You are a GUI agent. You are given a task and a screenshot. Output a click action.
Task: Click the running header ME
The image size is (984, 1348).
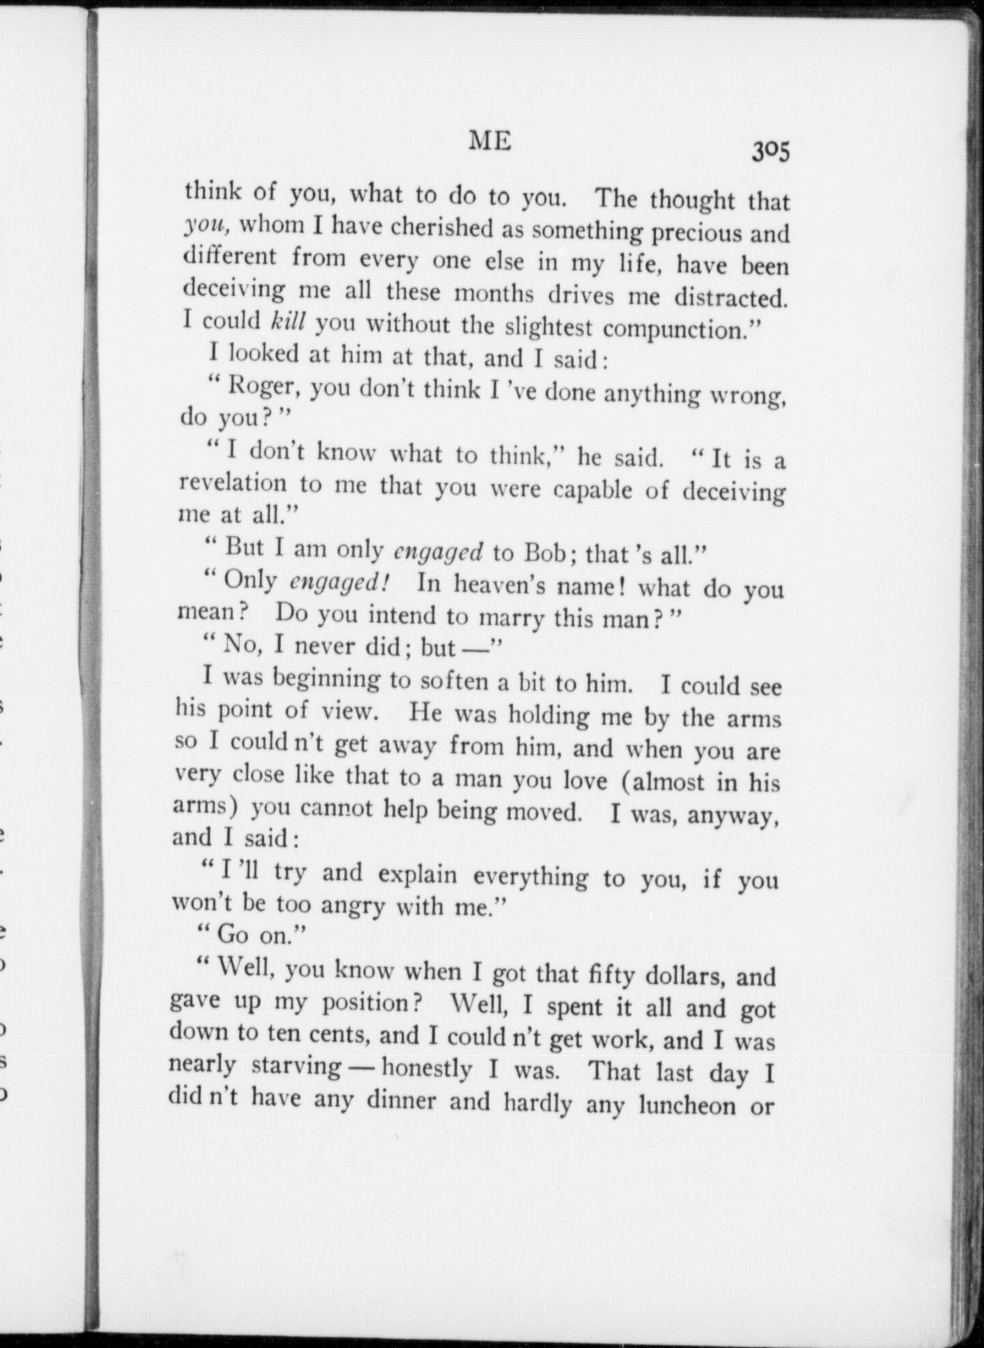(x=490, y=141)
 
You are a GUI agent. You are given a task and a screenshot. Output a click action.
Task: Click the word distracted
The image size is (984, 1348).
(x=731, y=298)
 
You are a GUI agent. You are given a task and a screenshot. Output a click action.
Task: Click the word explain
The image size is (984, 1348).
(x=417, y=874)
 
